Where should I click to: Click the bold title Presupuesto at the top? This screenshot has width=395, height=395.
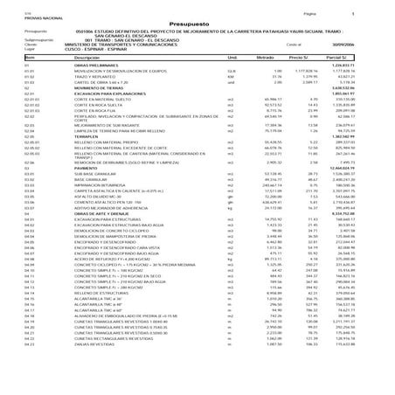197,25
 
